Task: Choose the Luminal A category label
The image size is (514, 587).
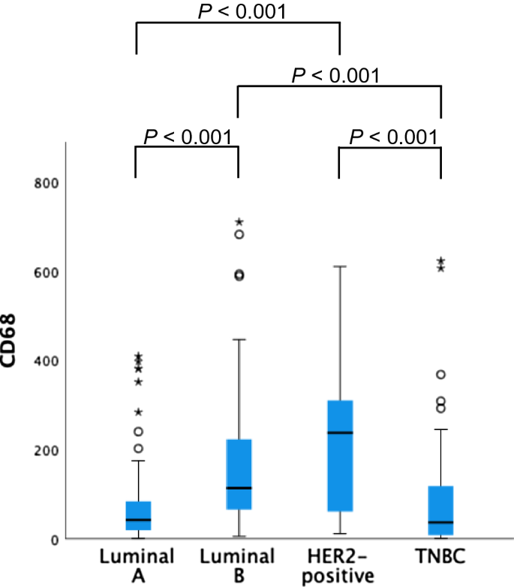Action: click(137, 565)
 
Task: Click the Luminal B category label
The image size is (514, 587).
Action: click(238, 565)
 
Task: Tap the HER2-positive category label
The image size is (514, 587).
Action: click(339, 565)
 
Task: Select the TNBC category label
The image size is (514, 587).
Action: click(440, 557)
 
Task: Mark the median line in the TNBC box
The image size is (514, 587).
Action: click(440, 522)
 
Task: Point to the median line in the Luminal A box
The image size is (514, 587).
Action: click(137, 519)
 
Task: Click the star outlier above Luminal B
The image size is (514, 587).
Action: click(239, 222)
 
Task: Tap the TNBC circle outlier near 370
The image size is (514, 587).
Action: click(440, 375)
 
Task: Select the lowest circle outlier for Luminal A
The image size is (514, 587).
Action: click(137, 449)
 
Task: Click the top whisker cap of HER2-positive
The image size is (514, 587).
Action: click(339, 266)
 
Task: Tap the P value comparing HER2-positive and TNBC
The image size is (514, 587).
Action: click(392, 137)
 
